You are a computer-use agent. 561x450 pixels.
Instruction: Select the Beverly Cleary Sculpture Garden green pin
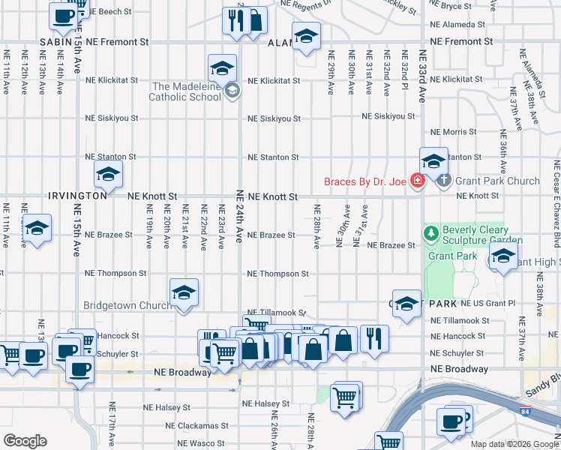pos(430,235)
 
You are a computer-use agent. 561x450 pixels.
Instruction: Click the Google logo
pos(25,441)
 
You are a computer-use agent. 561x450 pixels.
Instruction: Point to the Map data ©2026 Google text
pos(514,444)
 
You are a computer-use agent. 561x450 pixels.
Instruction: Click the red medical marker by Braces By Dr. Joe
pos(416,181)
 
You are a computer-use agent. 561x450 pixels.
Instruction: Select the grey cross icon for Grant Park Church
pos(442,180)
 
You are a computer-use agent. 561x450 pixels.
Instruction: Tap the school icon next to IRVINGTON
pos(107,175)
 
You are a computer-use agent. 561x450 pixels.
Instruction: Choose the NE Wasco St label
pos(198,444)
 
